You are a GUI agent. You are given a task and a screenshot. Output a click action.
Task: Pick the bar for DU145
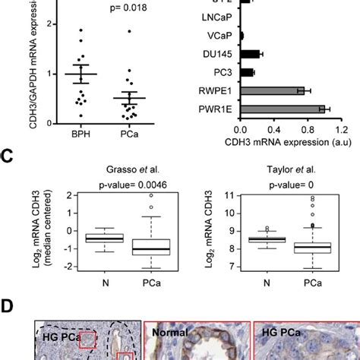click(248, 54)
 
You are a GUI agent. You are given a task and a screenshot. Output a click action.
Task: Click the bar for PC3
click(245, 73)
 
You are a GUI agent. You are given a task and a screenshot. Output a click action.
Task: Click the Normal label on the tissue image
click(171, 331)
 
